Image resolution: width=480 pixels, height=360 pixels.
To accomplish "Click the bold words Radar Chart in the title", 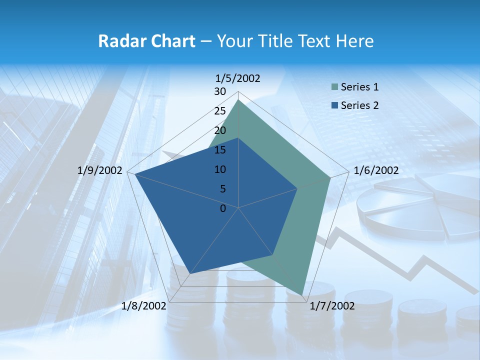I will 146,41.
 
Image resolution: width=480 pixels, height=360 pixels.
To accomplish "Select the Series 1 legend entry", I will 359,87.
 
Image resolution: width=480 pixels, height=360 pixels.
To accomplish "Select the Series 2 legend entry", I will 359,105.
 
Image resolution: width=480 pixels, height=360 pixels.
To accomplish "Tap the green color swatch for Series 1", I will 334,87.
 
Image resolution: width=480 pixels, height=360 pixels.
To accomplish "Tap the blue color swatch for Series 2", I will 334,105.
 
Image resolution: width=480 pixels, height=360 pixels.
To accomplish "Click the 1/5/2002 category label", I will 237,78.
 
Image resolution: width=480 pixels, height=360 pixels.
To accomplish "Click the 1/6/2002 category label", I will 376,170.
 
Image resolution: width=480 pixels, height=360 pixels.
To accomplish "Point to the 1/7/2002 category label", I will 332,306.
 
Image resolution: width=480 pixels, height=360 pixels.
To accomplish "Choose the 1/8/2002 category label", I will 144,306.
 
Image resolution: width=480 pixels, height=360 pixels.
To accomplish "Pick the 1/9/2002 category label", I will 100,170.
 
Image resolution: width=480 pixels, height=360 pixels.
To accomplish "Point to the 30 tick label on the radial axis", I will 220,91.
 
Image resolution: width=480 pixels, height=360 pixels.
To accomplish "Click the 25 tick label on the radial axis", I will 220,111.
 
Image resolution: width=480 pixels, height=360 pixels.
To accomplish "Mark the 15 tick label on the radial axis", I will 220,150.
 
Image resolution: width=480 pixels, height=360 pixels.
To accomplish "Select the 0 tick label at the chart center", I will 223,208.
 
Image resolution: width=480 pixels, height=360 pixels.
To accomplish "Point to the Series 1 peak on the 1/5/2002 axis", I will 238,100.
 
